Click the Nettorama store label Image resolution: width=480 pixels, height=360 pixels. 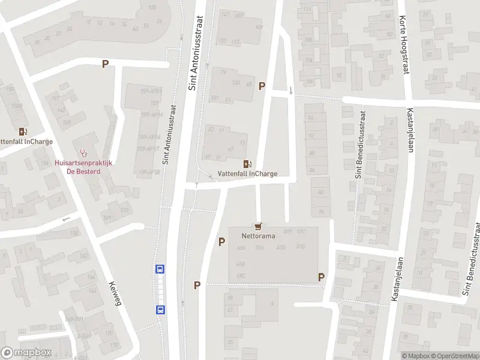(259, 236)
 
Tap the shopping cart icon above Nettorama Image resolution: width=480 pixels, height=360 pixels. (259, 226)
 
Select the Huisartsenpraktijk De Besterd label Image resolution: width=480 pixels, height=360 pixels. (85, 166)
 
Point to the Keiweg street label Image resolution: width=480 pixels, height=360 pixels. (115, 294)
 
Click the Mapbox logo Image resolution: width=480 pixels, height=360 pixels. (26, 353)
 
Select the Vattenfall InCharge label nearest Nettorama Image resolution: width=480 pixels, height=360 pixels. (247, 174)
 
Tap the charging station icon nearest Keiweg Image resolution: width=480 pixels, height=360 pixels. (23, 131)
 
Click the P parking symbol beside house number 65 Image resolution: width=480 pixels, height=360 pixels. (262, 86)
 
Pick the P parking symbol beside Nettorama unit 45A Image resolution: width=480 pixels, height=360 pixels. (222, 242)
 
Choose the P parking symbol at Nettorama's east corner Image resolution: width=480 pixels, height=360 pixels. (322, 277)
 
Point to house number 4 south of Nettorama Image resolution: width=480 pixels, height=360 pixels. (272, 303)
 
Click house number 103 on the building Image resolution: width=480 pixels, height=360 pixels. (235, 83)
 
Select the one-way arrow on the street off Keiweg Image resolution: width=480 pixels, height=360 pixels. (66, 218)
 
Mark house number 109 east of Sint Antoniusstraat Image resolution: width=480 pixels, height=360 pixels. (259, 28)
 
